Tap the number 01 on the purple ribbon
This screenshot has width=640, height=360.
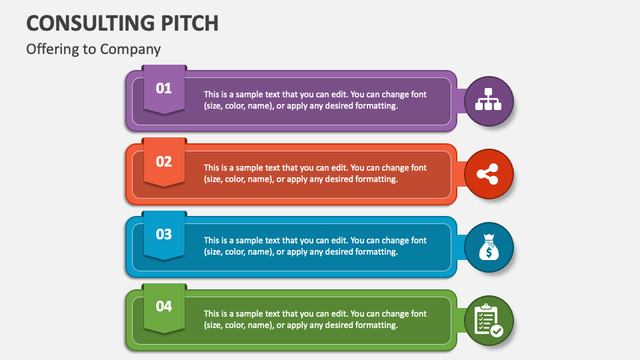coord(164,88)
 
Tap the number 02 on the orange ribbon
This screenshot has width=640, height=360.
coord(164,161)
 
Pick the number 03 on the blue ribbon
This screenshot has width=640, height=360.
coord(164,234)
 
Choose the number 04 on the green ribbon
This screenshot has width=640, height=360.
coord(164,306)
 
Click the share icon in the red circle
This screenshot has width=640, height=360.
coord(488,175)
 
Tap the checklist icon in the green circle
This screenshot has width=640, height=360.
coord(488,320)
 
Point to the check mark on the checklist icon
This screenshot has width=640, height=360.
coord(497,330)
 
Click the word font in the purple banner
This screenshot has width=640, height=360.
coord(419,95)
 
